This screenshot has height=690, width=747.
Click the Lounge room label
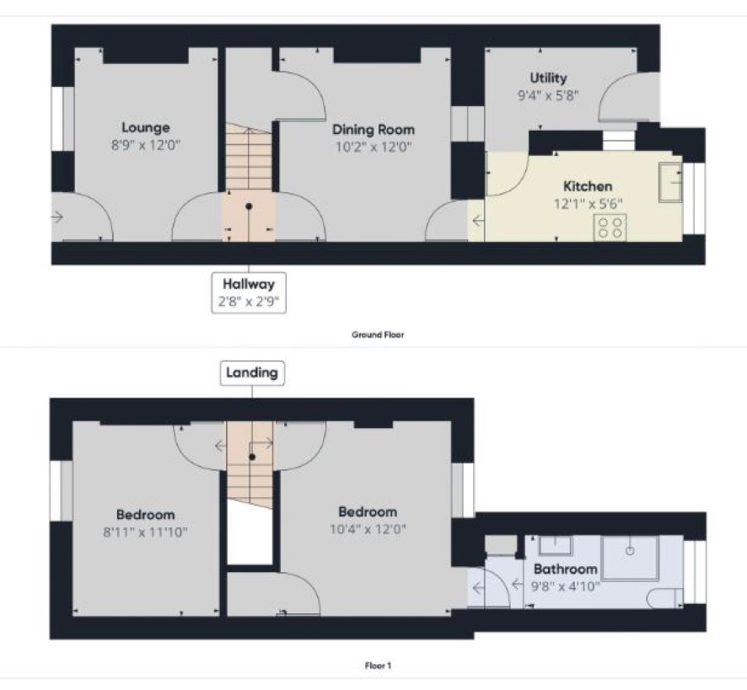[x=146, y=127]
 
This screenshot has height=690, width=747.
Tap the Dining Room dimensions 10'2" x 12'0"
[x=373, y=147]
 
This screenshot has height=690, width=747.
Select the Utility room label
[x=548, y=78]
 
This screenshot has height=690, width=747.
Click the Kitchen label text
[x=588, y=186]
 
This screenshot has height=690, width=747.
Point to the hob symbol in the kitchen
[x=610, y=227]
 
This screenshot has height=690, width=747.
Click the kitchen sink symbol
[x=670, y=182]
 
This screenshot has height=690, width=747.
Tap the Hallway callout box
[x=249, y=293]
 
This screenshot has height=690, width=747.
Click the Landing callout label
[x=252, y=373]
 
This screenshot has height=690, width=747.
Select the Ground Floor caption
[x=378, y=334]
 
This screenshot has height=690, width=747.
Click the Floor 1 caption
[x=378, y=666]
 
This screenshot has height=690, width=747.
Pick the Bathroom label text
[x=566, y=569]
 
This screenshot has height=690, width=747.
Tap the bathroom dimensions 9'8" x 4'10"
[x=566, y=586]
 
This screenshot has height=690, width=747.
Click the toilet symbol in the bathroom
[x=665, y=598]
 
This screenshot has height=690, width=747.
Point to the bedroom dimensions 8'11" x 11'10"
[x=146, y=532]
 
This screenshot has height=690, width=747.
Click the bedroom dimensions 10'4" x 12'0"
[x=368, y=529]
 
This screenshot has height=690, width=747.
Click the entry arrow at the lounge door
[x=57, y=217]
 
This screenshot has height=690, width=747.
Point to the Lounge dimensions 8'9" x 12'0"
[x=146, y=145]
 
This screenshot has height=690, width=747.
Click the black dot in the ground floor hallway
[x=249, y=206]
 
